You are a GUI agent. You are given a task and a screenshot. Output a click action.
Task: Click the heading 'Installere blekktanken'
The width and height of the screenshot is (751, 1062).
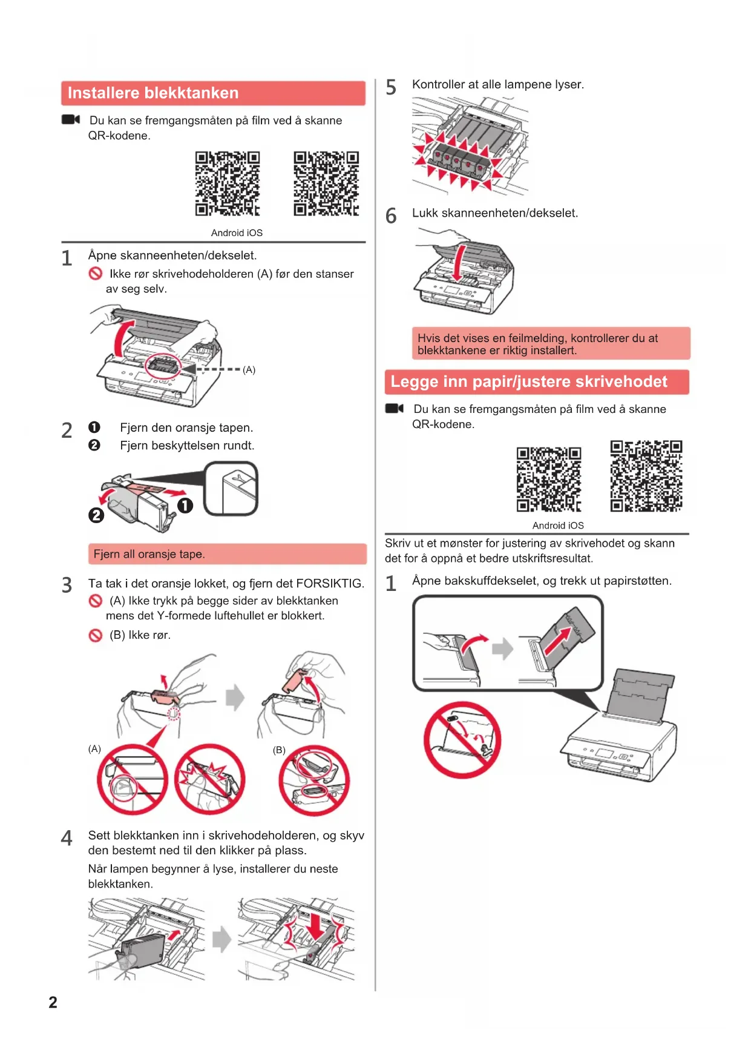click(x=153, y=93)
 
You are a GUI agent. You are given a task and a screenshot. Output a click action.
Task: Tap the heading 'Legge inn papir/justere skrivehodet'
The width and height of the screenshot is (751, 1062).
click(x=529, y=382)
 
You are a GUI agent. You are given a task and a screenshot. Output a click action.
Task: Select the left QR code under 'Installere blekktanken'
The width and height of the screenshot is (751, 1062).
click(x=228, y=183)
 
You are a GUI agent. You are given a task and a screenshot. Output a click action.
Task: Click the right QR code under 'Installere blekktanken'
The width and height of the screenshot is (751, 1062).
click(x=326, y=183)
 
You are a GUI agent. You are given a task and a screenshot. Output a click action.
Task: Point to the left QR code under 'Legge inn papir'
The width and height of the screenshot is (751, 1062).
click(x=549, y=480)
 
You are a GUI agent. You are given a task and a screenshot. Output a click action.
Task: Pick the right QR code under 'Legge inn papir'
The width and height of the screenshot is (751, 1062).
click(x=646, y=476)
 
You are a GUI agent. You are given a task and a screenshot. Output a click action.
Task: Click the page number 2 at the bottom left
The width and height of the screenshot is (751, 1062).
click(x=53, y=1002)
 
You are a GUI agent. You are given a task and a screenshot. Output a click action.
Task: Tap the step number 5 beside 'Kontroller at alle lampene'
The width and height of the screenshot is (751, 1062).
click(x=392, y=88)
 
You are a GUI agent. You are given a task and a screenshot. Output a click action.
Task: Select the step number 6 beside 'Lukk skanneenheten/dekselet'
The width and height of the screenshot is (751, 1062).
click(x=392, y=216)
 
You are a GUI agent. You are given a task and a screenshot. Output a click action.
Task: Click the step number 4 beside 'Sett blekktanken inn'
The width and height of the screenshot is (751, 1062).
click(x=67, y=839)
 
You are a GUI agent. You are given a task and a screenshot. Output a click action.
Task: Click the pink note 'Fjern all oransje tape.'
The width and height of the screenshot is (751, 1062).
click(x=227, y=554)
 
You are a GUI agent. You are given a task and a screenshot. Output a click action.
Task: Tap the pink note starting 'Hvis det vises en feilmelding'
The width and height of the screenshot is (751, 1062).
click(x=551, y=344)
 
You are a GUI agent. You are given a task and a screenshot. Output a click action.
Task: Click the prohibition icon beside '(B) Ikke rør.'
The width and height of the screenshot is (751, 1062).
click(x=96, y=635)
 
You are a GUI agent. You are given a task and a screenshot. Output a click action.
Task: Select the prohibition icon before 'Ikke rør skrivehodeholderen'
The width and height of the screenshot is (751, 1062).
click(x=96, y=274)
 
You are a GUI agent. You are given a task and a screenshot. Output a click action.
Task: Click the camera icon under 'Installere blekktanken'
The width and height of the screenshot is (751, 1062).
click(x=71, y=119)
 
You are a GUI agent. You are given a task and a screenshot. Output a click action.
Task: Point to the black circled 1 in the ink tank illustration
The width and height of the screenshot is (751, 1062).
click(x=185, y=506)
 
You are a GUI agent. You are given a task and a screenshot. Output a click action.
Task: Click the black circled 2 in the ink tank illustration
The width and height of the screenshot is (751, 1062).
click(x=96, y=515)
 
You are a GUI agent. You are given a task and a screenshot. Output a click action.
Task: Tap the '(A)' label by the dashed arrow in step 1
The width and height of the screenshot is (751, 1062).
click(x=249, y=370)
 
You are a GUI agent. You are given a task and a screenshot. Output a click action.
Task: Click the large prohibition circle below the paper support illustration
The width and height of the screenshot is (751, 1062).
click(x=462, y=740)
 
